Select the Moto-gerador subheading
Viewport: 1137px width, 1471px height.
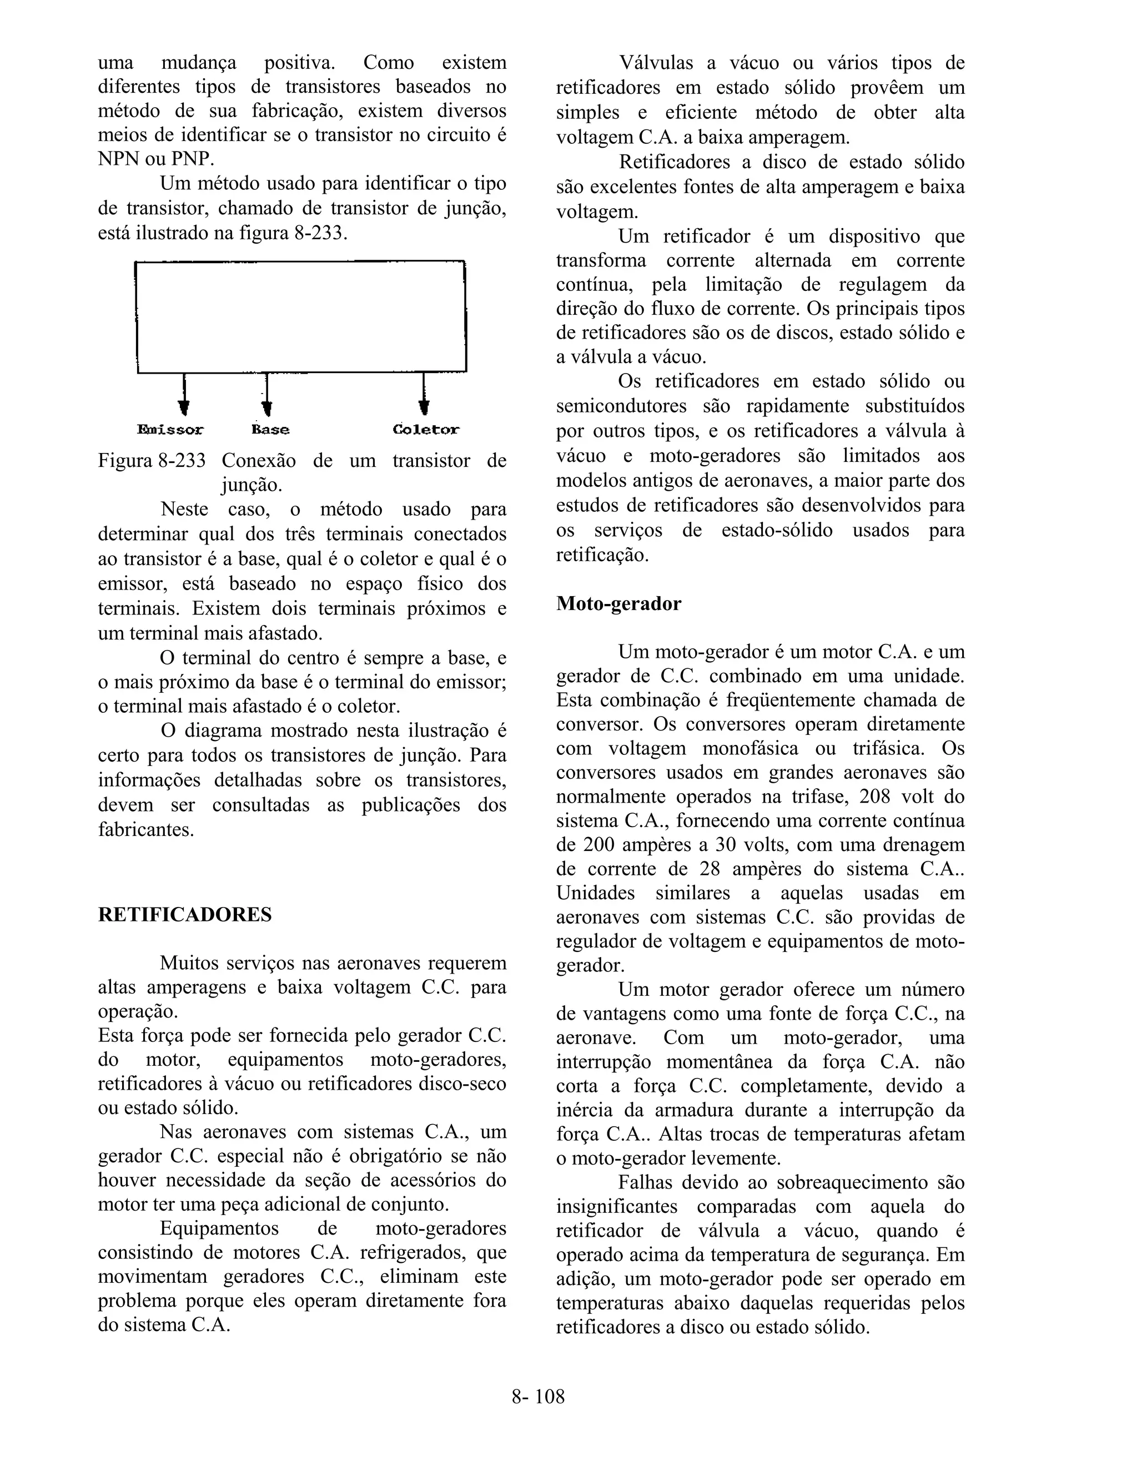point(618,603)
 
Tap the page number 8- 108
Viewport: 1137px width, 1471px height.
point(537,1396)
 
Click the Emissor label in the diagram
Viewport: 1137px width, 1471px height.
point(170,430)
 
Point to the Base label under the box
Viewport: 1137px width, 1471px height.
point(271,430)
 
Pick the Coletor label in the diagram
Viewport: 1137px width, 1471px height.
point(426,430)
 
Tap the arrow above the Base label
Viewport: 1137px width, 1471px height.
point(266,397)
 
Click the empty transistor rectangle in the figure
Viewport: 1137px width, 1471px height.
point(301,316)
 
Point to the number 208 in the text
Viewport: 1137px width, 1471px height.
point(875,797)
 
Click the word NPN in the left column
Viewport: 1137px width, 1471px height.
point(119,160)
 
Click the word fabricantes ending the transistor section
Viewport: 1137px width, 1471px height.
point(145,829)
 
